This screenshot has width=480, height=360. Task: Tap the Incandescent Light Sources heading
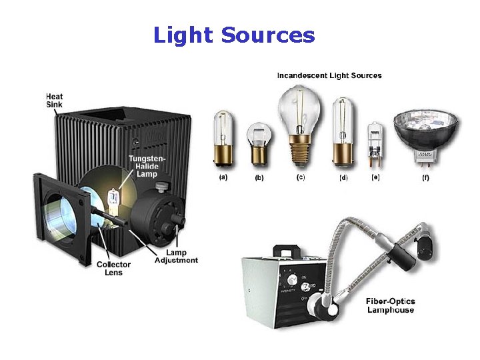[329, 75]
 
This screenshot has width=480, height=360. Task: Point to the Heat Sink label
[55, 101]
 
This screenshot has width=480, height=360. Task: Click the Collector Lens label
[113, 269]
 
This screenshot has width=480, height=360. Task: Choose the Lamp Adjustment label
[176, 257]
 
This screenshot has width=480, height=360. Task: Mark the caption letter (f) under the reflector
[425, 178]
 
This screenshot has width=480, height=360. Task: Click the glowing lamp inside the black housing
[114, 199]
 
